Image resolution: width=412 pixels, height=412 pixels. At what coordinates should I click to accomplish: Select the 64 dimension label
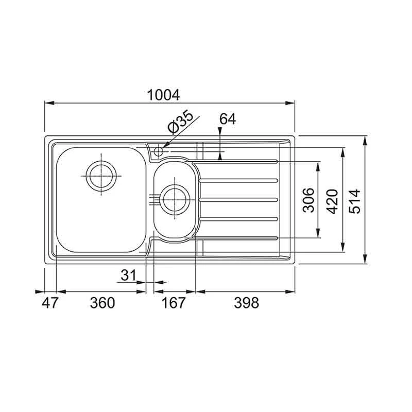[x=227, y=119]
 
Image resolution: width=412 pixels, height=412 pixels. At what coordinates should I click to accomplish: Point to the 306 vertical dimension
[x=307, y=199]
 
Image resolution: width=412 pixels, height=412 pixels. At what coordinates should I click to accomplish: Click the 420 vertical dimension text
[x=332, y=201]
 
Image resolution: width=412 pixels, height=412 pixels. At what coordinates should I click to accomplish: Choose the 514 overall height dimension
[x=355, y=201]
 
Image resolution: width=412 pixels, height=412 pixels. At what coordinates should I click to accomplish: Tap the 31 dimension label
[x=128, y=276]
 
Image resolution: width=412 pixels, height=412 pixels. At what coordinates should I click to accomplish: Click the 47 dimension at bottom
[x=50, y=303]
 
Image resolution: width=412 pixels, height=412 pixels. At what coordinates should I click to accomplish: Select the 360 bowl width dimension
[x=102, y=303]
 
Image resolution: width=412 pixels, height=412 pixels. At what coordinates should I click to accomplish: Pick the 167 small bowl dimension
[x=172, y=303]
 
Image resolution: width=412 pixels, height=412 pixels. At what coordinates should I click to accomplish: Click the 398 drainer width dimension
[x=246, y=303]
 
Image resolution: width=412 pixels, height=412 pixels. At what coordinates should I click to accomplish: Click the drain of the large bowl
[x=101, y=175]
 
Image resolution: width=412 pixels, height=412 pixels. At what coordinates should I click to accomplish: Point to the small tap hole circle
[x=159, y=152]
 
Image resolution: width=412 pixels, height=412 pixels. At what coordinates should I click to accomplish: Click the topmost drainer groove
[x=237, y=162]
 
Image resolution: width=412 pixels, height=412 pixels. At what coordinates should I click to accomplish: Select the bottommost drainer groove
[x=237, y=237]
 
